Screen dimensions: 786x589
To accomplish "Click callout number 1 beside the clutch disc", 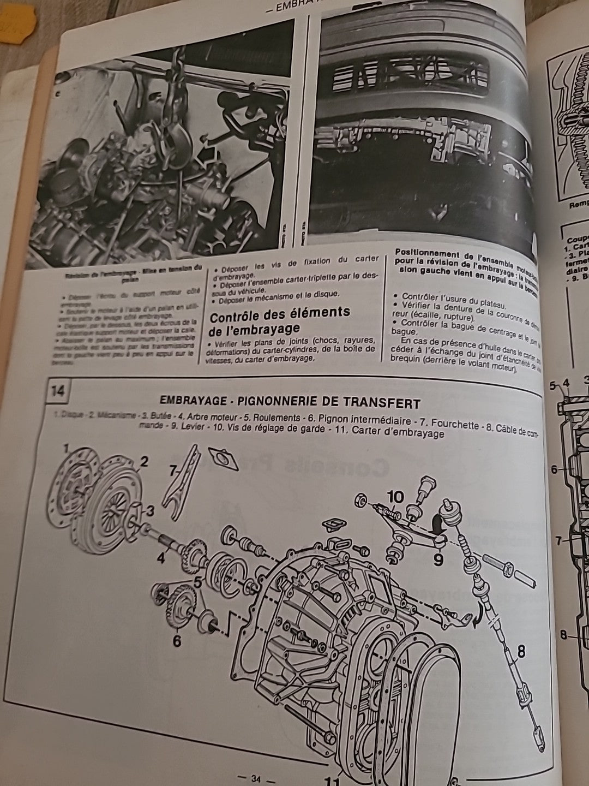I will tap(67, 450).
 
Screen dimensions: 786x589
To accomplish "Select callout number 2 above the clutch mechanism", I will tap(143, 462).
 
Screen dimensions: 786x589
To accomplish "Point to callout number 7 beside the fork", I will tap(174, 471).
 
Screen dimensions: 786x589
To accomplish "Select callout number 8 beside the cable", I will tap(521, 651).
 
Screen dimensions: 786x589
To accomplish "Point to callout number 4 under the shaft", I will tap(161, 558).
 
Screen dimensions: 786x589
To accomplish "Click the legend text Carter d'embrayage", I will tap(398, 434).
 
